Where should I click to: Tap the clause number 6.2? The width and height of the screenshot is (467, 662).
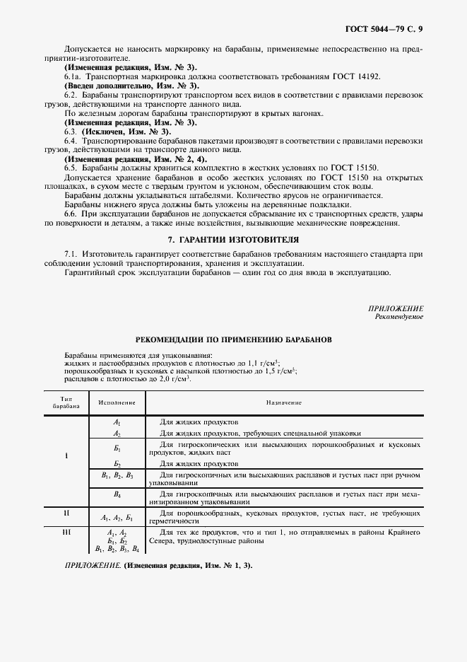pyautogui.click(x=70, y=95)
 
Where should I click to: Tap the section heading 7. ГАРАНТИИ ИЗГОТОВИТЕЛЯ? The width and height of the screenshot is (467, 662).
pyautogui.click(x=233, y=239)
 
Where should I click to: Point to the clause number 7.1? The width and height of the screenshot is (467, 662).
pyautogui.click(x=70, y=253)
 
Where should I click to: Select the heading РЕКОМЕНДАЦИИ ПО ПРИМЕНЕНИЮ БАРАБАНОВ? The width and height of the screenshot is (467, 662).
pyautogui.click(x=234, y=339)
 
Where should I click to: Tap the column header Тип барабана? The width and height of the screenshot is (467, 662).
pyautogui.click(x=66, y=402)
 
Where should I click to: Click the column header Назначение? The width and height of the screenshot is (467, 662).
pyautogui.click(x=284, y=402)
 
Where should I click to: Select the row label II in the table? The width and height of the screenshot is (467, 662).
pyautogui.click(x=66, y=513)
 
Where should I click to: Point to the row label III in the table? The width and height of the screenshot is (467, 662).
pyautogui.click(x=66, y=531)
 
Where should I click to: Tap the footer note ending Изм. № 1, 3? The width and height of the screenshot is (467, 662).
pyautogui.click(x=158, y=567)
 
